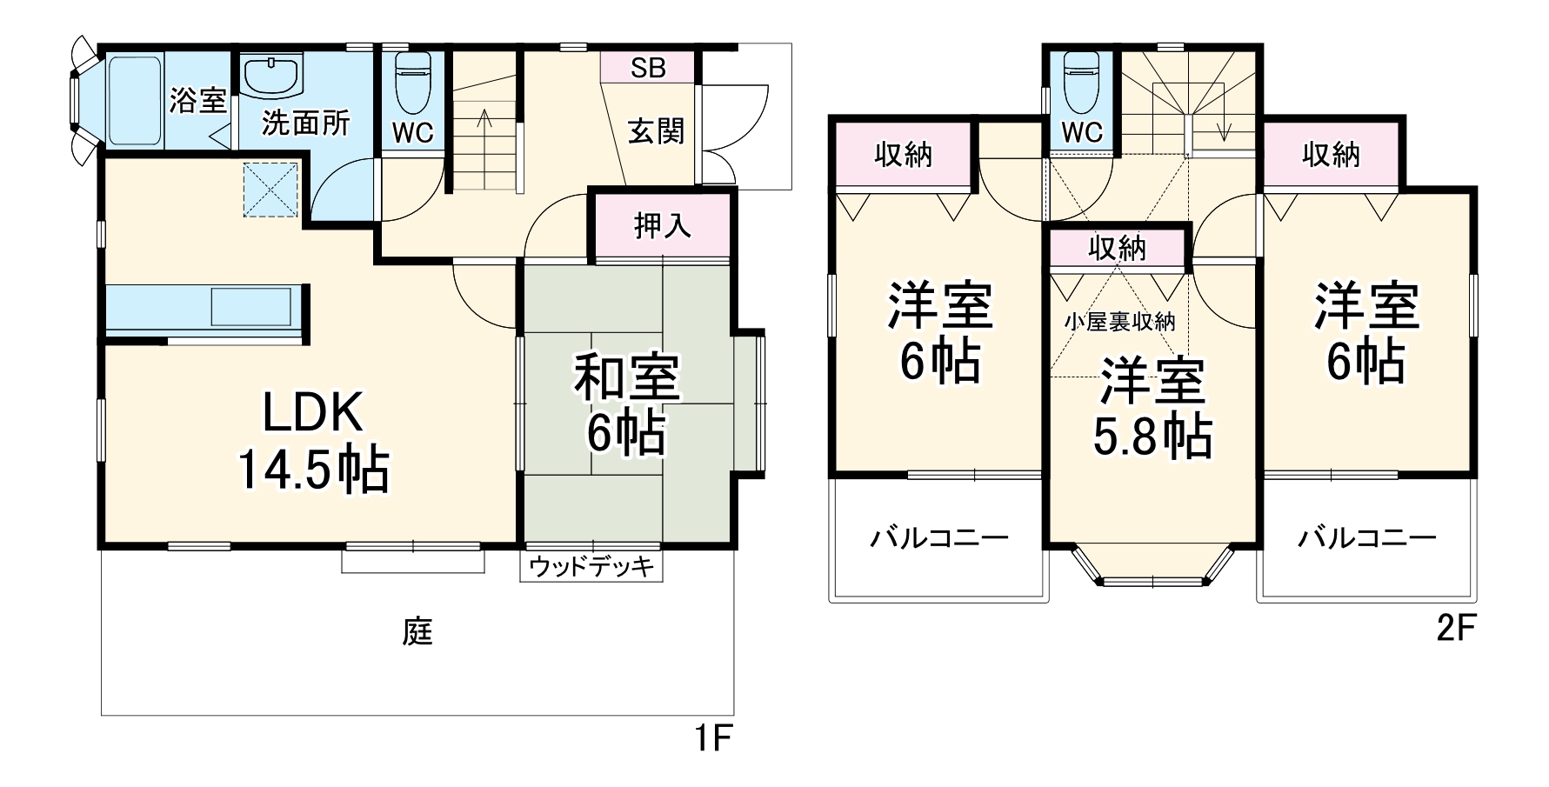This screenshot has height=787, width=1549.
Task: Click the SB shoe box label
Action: click(x=648, y=68)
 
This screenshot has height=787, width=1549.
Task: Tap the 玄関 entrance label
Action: click(x=657, y=131)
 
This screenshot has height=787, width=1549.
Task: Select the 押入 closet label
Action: click(x=663, y=226)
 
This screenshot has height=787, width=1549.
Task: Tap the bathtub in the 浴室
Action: click(x=135, y=99)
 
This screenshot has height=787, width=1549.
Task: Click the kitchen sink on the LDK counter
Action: click(x=250, y=307)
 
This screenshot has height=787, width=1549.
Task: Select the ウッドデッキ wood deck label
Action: click(x=591, y=567)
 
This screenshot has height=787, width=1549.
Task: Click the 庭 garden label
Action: click(x=417, y=632)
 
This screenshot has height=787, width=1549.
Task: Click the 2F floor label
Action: click(x=1456, y=629)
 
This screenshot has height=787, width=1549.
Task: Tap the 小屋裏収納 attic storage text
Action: click(x=1119, y=322)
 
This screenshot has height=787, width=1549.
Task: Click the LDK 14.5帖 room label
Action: click(x=313, y=443)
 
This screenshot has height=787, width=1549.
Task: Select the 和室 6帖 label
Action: click(x=626, y=405)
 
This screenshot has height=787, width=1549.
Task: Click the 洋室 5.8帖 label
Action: click(x=1152, y=409)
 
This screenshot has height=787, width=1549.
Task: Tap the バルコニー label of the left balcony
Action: click(x=939, y=538)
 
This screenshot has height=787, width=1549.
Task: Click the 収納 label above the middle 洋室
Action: click(x=1118, y=249)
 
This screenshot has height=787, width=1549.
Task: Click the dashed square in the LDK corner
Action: click(x=270, y=190)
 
